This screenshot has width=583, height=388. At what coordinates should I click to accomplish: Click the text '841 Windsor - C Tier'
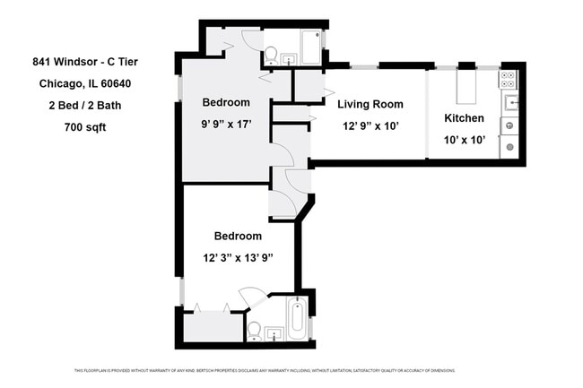point(85,62)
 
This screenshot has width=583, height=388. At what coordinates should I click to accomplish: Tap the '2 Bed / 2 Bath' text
point(85,106)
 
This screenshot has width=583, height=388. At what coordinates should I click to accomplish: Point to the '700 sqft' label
point(85,127)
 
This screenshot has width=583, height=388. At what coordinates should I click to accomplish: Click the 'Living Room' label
point(370,104)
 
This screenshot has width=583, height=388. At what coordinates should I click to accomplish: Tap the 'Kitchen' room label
point(464,118)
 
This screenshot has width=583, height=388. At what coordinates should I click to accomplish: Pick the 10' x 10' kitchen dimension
point(464,139)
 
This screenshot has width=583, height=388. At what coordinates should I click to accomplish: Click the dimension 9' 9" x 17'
point(225,125)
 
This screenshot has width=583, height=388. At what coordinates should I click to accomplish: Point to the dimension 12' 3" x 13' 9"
point(238,257)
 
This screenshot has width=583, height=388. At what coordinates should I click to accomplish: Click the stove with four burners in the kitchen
point(508,78)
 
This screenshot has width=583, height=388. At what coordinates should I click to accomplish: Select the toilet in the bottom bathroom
point(255,331)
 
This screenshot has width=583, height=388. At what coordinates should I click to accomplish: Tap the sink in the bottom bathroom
point(274,334)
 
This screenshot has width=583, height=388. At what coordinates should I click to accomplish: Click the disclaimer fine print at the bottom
point(265,370)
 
